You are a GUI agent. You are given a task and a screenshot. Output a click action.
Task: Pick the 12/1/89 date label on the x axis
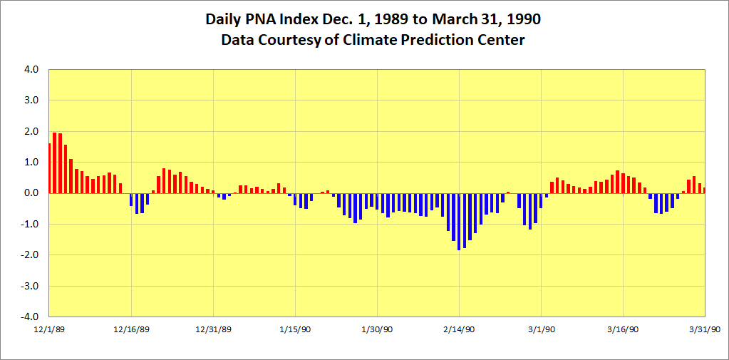click(x=49, y=329)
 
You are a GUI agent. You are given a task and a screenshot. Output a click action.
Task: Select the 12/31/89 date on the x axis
click(x=214, y=329)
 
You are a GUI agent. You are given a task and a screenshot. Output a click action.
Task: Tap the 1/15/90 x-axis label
click(x=296, y=329)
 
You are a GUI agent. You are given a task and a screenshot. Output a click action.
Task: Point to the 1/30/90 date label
click(x=378, y=329)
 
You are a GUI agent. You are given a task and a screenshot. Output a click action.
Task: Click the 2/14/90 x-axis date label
click(x=460, y=329)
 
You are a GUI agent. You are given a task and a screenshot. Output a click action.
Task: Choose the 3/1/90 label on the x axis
click(x=542, y=329)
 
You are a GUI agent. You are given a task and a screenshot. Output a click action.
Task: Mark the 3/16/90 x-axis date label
click(x=624, y=329)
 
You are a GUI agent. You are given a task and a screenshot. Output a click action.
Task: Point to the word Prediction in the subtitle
click(x=443, y=40)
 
